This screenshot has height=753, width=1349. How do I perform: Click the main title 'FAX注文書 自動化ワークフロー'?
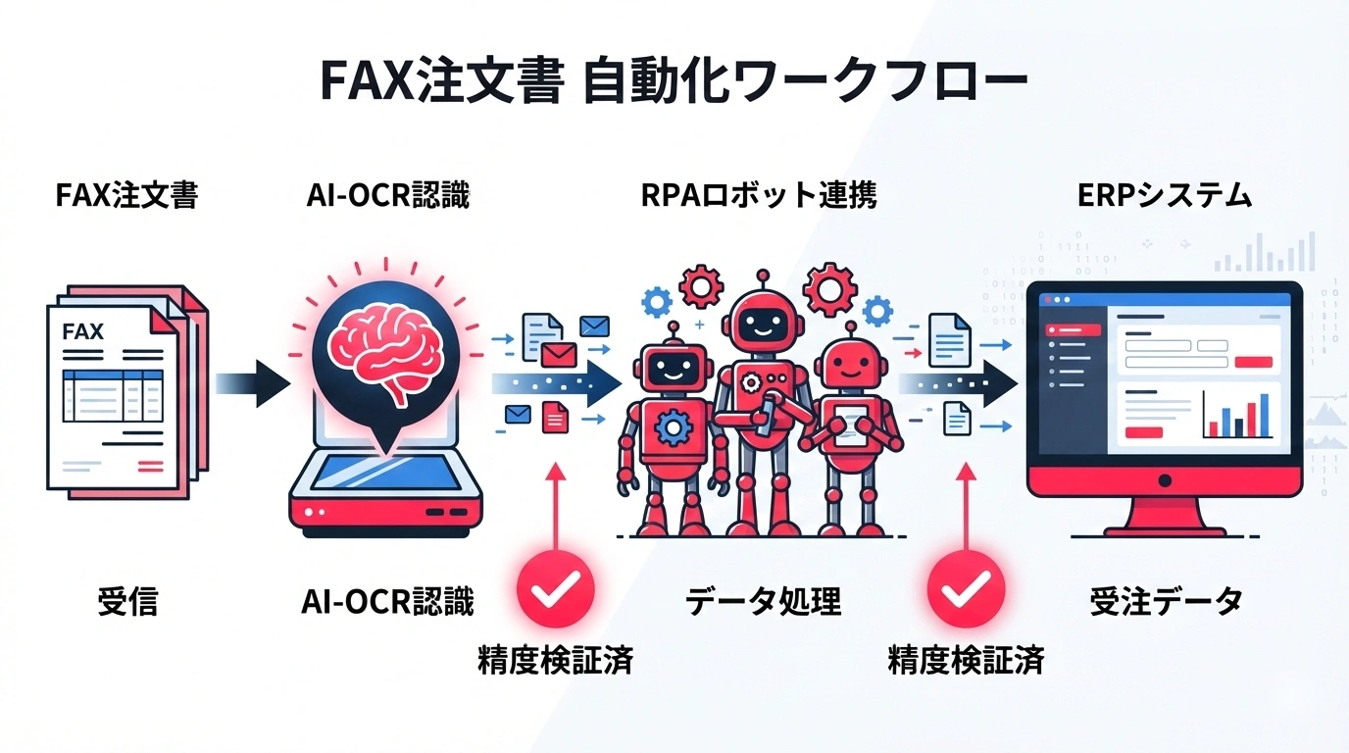pos(674,82)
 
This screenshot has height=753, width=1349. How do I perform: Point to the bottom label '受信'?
pos(127,600)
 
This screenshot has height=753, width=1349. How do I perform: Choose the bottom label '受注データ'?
pos(1166,600)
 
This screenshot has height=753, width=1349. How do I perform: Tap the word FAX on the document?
pos(82,332)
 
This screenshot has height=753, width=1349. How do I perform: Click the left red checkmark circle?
pos(556,590)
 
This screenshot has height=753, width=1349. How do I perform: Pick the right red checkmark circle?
pos(966,590)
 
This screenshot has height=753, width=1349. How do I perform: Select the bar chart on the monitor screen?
pos(1239,413)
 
